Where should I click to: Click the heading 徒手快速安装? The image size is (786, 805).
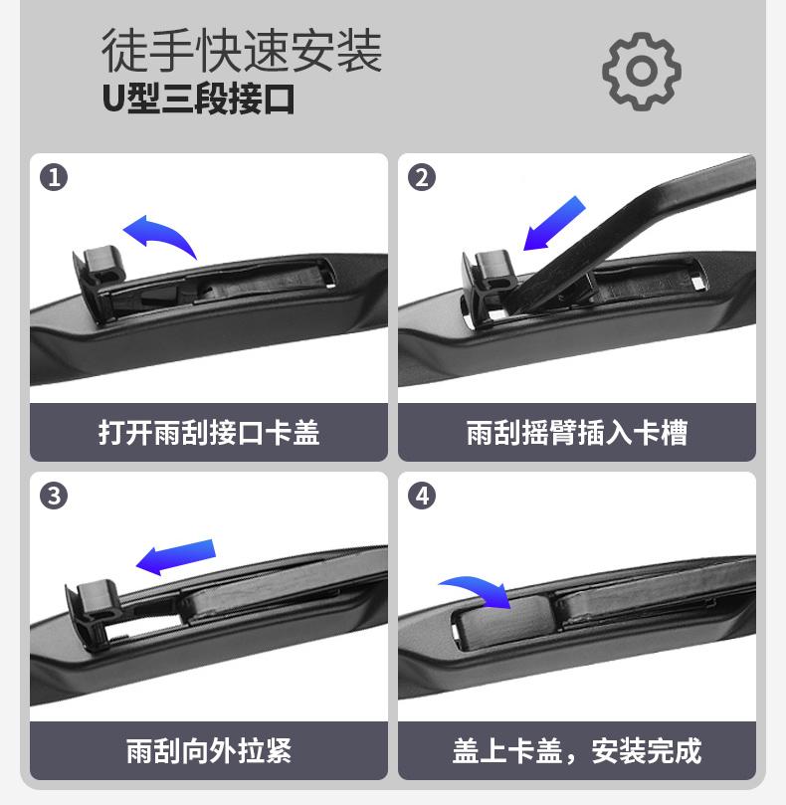point(242,51)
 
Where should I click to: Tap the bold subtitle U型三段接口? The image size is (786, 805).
point(198,99)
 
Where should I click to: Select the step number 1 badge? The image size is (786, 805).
point(54,178)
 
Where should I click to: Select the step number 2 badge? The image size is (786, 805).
point(422,178)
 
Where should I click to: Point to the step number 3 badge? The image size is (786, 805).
point(54,496)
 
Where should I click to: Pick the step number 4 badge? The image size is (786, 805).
point(422,496)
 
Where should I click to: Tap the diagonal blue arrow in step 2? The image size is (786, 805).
point(554,223)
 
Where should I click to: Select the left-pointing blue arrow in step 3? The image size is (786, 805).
point(175,557)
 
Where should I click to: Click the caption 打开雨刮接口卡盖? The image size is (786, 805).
point(209,432)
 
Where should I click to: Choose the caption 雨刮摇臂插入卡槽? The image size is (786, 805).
point(577,432)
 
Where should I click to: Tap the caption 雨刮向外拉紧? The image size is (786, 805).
point(209,750)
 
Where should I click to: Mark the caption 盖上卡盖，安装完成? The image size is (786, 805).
point(577,750)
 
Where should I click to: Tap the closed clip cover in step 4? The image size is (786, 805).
point(503,620)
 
